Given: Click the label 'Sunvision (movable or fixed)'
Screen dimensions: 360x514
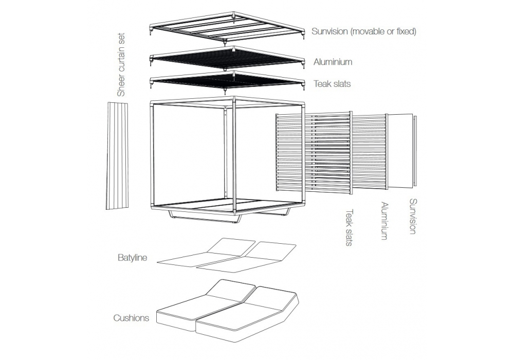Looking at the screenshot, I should pyautogui.click(x=363, y=31).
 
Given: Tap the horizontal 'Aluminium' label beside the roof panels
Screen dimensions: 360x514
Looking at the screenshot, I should pyautogui.click(x=333, y=62).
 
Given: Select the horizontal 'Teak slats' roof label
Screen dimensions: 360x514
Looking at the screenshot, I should pyautogui.click(x=332, y=83).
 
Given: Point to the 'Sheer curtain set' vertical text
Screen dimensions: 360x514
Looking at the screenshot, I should pyautogui.click(x=121, y=65).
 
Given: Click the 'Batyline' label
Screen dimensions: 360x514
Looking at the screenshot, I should pyautogui.click(x=132, y=257).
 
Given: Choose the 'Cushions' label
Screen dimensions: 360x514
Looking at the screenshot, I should pyautogui.click(x=131, y=318).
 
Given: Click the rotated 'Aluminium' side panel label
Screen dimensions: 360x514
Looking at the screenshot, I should pyautogui.click(x=383, y=221).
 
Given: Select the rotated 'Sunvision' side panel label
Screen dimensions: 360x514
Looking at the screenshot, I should pyautogui.click(x=412, y=216).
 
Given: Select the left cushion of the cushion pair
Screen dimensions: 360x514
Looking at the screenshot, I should pyautogui.click(x=206, y=303).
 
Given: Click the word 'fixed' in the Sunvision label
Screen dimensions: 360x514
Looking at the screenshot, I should pyautogui.click(x=405, y=31).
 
